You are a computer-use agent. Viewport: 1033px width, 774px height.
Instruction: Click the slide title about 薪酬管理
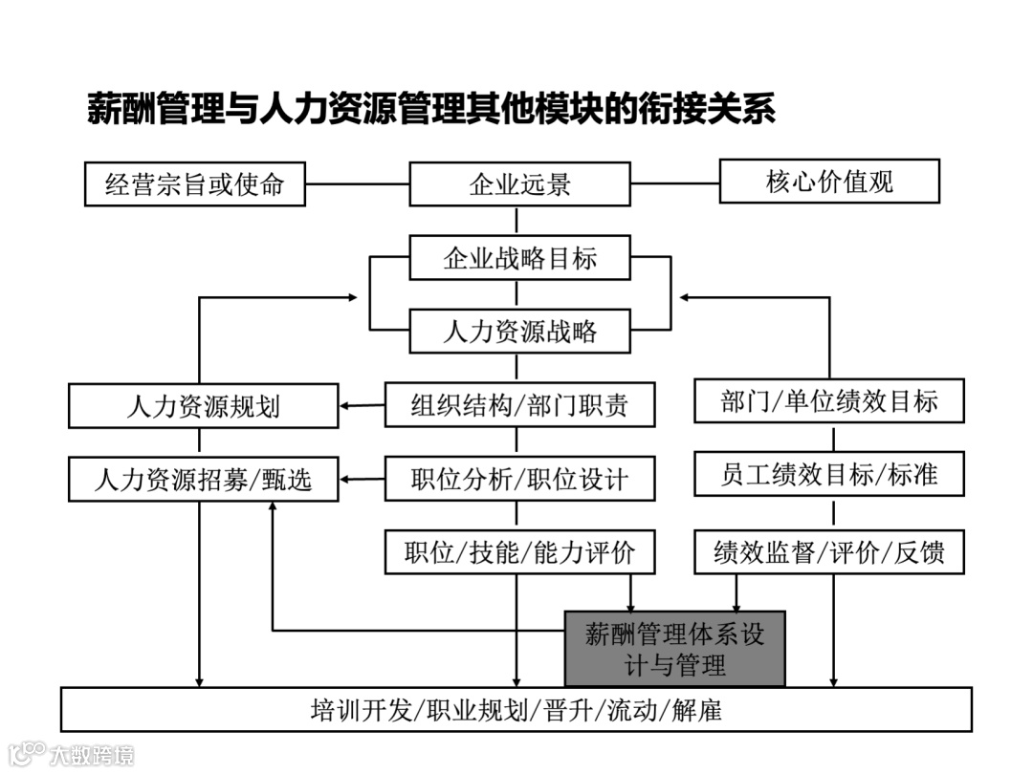430,109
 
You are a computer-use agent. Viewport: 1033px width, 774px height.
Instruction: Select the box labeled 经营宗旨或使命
194,183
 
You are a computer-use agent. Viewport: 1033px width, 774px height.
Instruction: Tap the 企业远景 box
519,183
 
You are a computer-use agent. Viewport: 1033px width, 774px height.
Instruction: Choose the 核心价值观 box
829,181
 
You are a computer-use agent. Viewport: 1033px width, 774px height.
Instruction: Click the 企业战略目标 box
519,258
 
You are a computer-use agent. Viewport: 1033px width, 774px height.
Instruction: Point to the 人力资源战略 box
519,332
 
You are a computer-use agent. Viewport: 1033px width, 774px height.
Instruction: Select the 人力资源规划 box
203,406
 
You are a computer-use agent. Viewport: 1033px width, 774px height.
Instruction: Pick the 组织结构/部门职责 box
519,404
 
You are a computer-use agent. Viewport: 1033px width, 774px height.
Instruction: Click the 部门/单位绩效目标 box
828,401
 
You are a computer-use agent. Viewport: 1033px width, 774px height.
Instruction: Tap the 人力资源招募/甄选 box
203,479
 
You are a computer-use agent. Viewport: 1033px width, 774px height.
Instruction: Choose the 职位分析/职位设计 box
519,478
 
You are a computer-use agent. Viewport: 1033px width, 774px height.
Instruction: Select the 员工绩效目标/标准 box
828,474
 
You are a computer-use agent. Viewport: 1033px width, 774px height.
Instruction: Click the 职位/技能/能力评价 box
519,551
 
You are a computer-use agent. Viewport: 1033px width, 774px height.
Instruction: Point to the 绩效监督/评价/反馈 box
828,552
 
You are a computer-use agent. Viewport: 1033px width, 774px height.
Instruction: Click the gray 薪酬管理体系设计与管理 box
674,649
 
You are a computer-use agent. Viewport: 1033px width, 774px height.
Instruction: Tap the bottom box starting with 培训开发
516,710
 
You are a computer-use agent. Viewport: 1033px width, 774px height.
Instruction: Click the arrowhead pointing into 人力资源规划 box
346,406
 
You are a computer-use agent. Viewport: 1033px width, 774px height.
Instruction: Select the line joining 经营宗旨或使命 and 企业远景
357,183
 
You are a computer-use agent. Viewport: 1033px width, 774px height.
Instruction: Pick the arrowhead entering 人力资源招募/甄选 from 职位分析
346,478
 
